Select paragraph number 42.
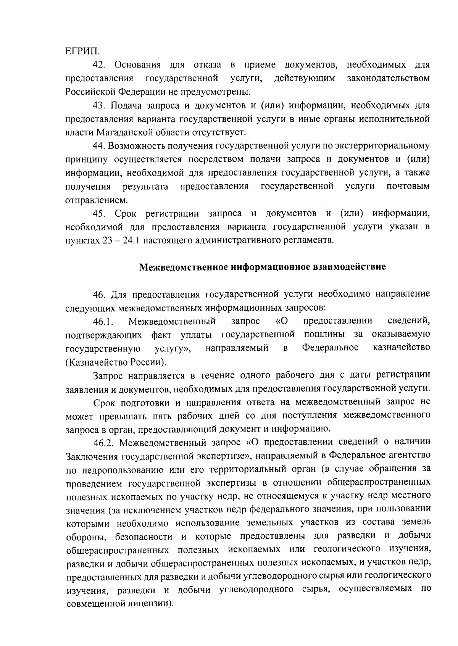click(99, 65)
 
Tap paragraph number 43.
click(99, 105)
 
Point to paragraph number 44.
click(99, 146)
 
